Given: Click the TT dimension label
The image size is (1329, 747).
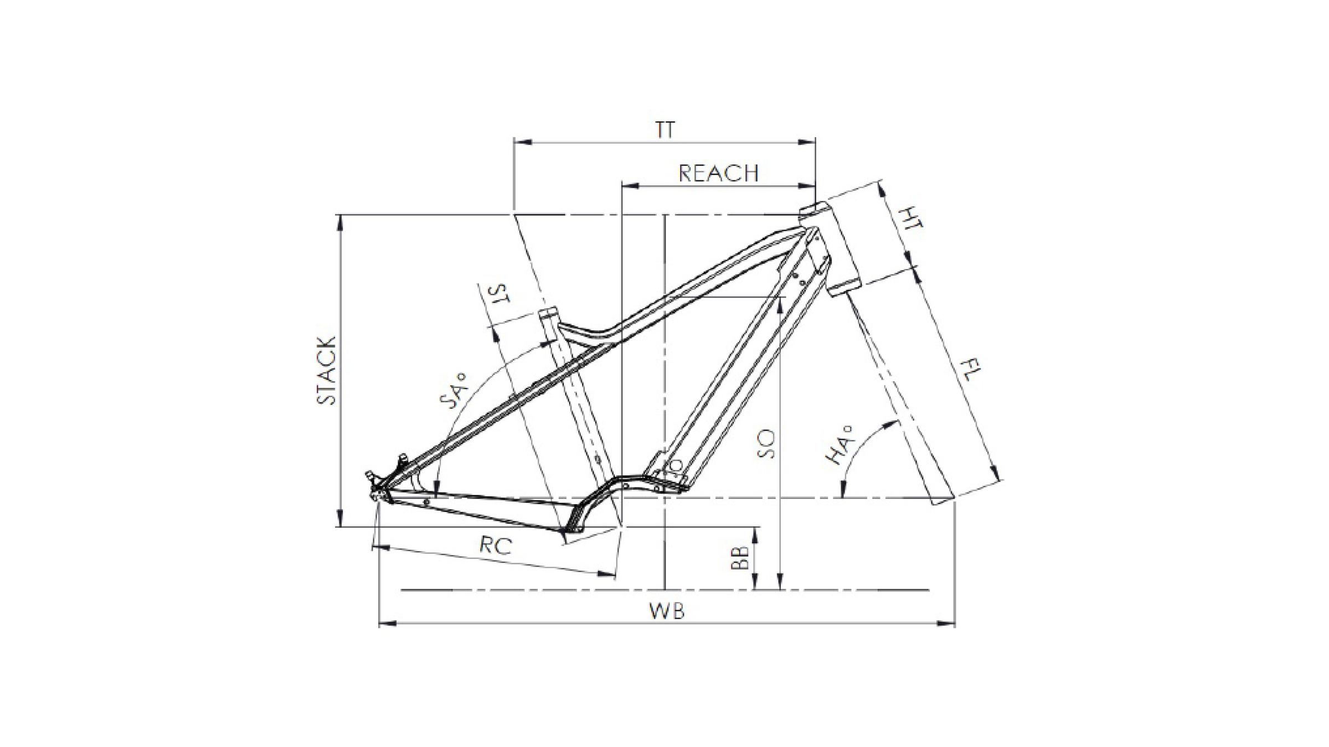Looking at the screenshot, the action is click(665, 130).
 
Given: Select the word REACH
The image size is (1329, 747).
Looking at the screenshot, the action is click(718, 174).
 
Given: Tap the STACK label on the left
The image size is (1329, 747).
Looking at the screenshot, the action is click(327, 370).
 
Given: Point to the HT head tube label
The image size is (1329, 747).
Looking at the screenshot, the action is click(910, 219).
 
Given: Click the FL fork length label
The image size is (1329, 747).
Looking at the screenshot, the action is click(969, 370).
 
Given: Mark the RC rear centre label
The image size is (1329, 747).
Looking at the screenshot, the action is click(496, 546).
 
